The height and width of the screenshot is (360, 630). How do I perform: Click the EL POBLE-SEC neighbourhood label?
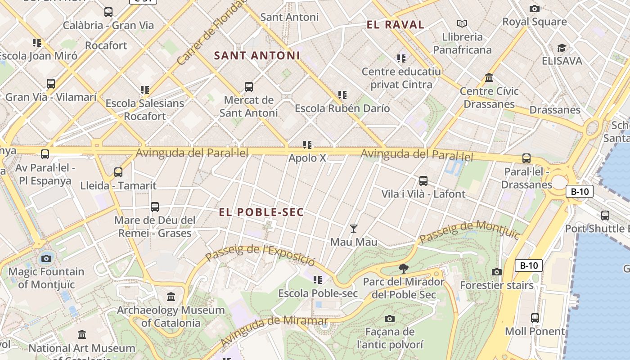(261, 212)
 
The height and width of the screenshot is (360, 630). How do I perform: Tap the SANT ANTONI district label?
(257, 56)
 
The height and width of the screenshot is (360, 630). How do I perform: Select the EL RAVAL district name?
(396, 25)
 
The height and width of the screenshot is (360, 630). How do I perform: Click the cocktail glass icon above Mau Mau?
(354, 229)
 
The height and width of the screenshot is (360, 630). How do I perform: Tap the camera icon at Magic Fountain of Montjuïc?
(46, 258)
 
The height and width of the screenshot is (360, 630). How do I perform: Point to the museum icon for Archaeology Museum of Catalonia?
(171, 297)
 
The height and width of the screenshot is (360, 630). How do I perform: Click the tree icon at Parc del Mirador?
(404, 269)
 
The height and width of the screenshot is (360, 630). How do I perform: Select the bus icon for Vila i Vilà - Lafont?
(423, 181)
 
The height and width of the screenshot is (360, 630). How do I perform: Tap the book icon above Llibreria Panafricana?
(462, 23)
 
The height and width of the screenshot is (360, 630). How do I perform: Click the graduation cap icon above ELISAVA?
(562, 48)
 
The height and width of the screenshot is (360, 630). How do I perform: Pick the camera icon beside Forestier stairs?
(497, 272)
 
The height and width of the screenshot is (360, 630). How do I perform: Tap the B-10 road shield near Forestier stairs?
(529, 265)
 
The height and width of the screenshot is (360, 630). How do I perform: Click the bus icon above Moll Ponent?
(535, 318)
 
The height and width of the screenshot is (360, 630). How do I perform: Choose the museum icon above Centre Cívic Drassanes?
(489, 78)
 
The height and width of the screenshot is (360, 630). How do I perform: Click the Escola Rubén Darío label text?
(342, 108)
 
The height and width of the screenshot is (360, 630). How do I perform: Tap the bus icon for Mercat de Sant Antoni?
(248, 87)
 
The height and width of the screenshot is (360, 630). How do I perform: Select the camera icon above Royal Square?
(534, 9)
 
